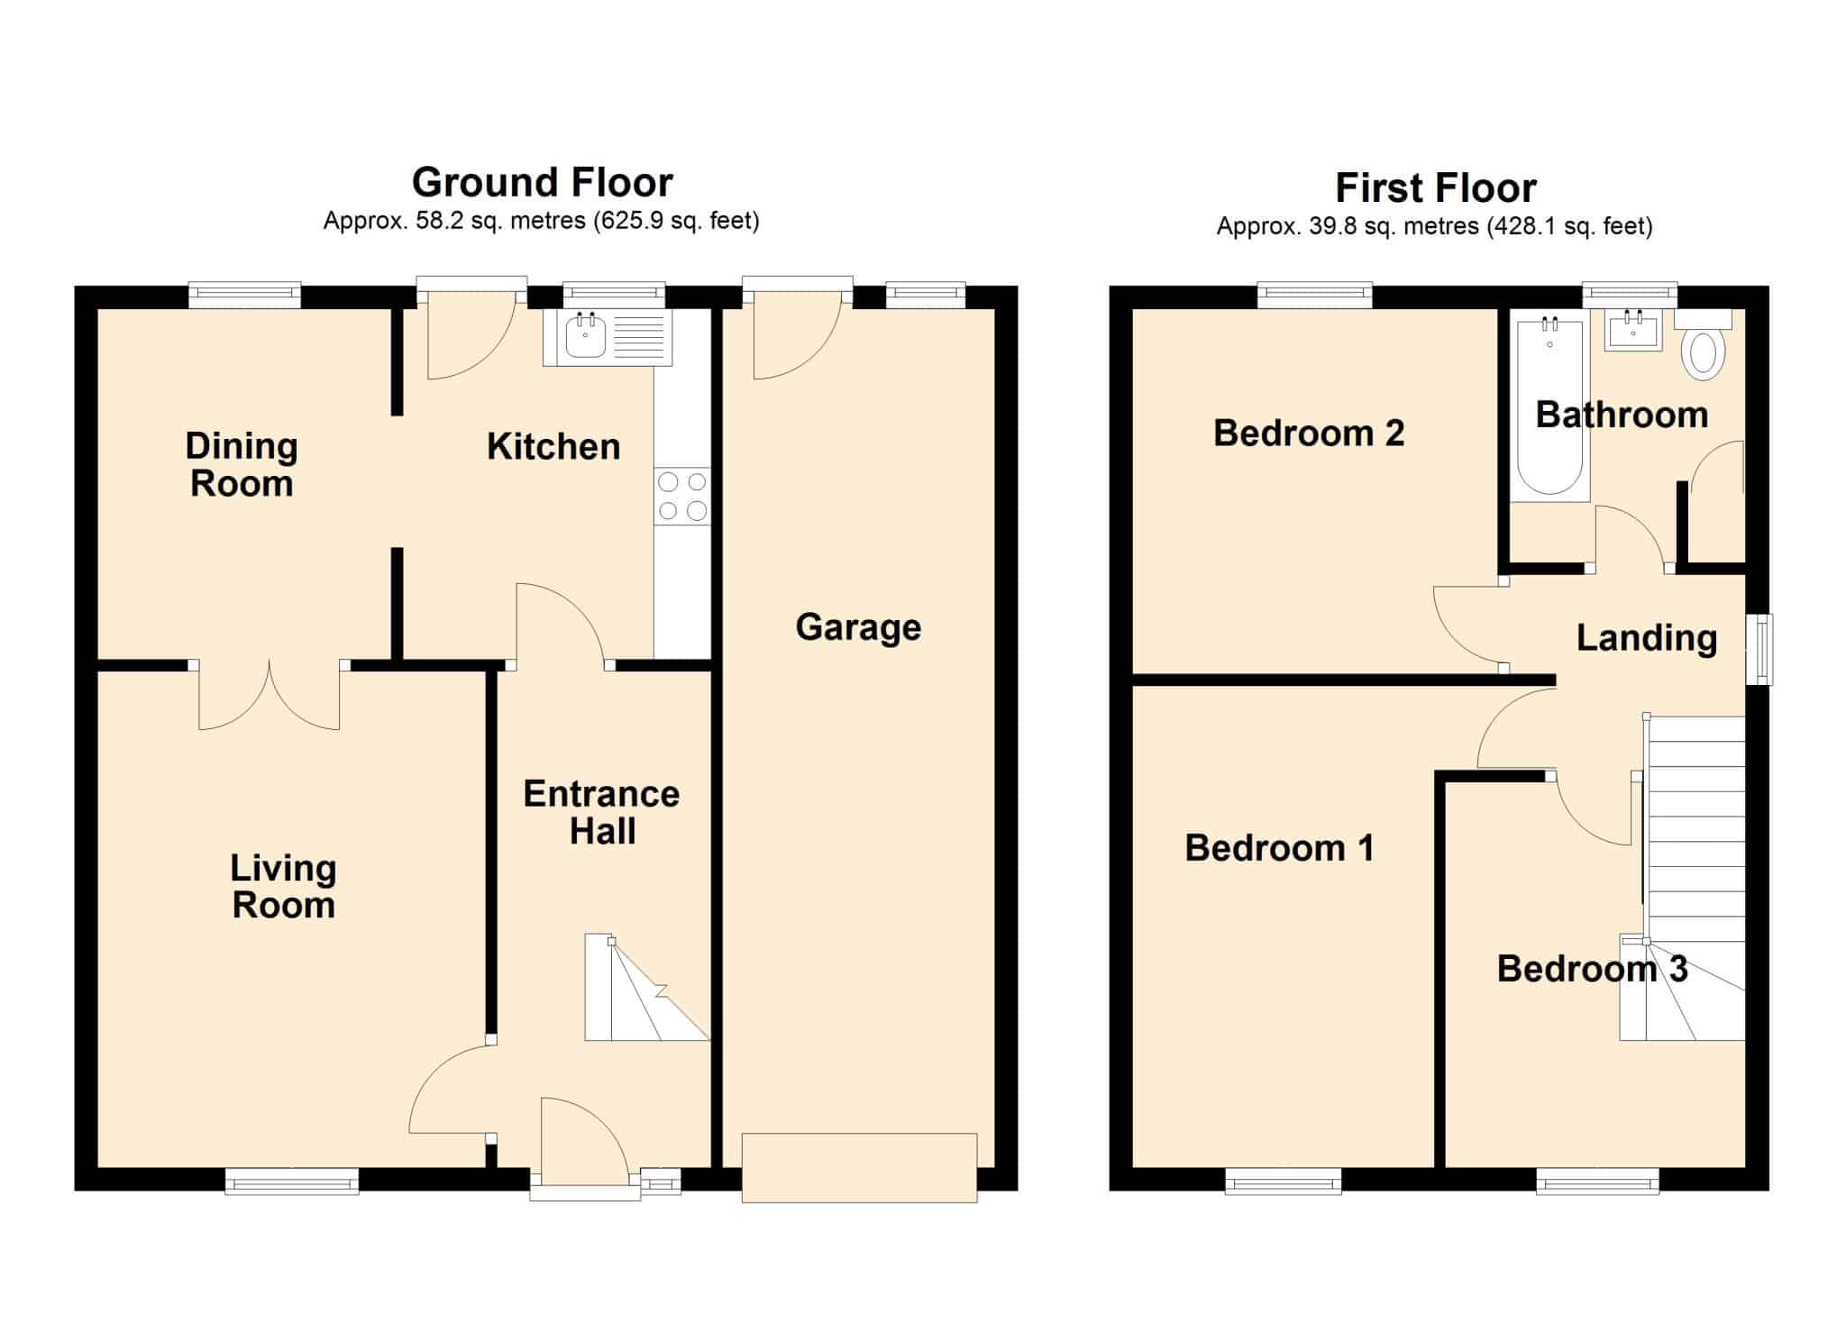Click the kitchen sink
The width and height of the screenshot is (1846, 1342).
click(x=608, y=338)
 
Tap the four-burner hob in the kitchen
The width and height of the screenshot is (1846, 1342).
click(x=682, y=496)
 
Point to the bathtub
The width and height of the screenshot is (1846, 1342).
click(x=1550, y=407)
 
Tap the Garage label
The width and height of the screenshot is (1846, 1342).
click(x=858, y=627)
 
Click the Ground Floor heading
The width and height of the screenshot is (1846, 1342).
click(x=543, y=182)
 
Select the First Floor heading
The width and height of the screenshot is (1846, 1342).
click(x=1436, y=188)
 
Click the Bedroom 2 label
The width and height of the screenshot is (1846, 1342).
click(x=1309, y=433)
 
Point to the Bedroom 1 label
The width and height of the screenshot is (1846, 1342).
click(x=1279, y=847)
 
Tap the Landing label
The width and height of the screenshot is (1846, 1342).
click(x=1647, y=638)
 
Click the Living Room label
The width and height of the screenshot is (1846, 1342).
click(x=283, y=887)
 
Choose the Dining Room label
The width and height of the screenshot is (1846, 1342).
click(x=242, y=465)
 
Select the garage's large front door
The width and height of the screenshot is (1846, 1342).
click(x=859, y=1167)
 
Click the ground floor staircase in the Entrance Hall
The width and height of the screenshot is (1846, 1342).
click(x=646, y=987)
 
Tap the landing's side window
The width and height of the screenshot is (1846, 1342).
click(x=1759, y=649)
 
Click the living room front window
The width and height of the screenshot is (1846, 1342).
click(x=291, y=1181)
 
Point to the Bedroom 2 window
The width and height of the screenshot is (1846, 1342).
click(x=1315, y=296)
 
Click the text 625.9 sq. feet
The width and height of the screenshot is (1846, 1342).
click(x=676, y=221)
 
